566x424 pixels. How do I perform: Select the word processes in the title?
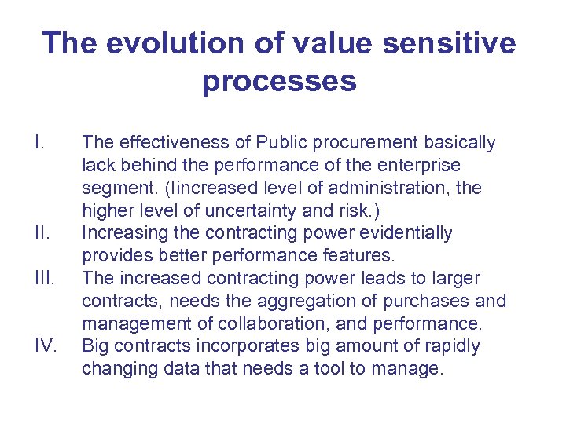279,80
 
